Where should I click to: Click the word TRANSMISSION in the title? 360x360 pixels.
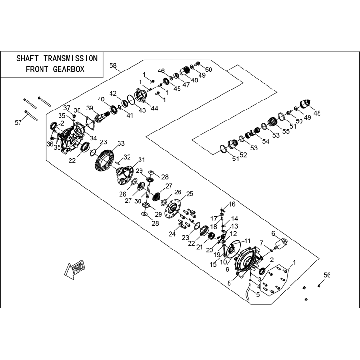pyautogui.click(x=70, y=59)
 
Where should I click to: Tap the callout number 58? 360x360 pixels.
pyautogui.click(x=113, y=66)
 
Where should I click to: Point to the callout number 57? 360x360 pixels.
pyautogui.click(x=18, y=123)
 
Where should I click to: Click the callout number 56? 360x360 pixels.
pyautogui.click(x=327, y=275)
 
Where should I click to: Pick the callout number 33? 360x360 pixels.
pyautogui.click(x=121, y=143)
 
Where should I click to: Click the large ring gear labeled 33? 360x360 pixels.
pyautogui.click(x=104, y=160)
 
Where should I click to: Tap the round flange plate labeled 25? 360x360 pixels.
pyautogui.click(x=173, y=209)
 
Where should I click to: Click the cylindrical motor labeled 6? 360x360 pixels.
pyautogui.click(x=281, y=244)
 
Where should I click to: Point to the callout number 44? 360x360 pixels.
pyautogui.click(x=154, y=109)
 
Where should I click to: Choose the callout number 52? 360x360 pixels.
pyautogui.click(x=243, y=155)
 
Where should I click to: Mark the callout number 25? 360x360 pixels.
pyautogui.click(x=190, y=194)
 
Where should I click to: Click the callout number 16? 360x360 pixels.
pyautogui.click(x=232, y=204)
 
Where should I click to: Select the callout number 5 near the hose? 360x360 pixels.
pyautogui.click(x=258, y=295)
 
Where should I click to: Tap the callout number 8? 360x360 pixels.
pyautogui.click(x=229, y=283)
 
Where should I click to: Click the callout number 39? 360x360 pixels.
pyautogui.click(x=90, y=108)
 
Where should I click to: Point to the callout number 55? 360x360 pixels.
pyautogui.click(x=286, y=131)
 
